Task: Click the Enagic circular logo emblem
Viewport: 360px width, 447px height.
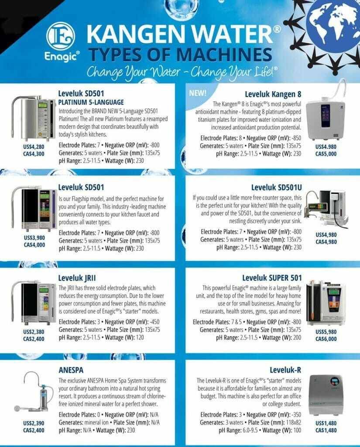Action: (61, 36)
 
